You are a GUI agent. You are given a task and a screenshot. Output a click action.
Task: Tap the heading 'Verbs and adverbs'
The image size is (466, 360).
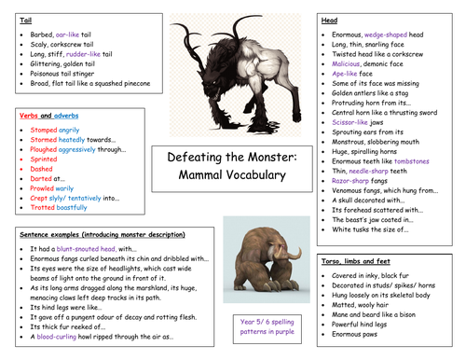(x=44, y=115)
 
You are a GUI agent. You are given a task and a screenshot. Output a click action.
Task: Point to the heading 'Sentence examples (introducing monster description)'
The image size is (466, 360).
(x=96, y=237)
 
